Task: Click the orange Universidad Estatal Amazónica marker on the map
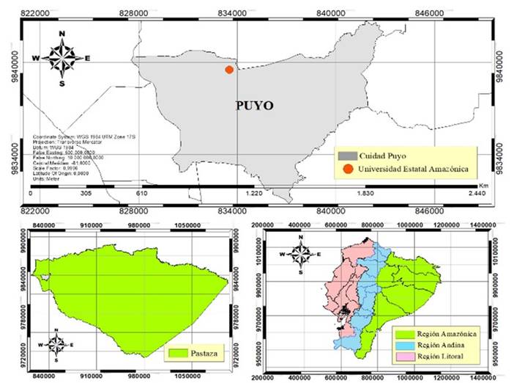coord(229,70)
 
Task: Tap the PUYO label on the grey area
coord(254,106)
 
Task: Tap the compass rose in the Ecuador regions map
coord(302,254)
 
